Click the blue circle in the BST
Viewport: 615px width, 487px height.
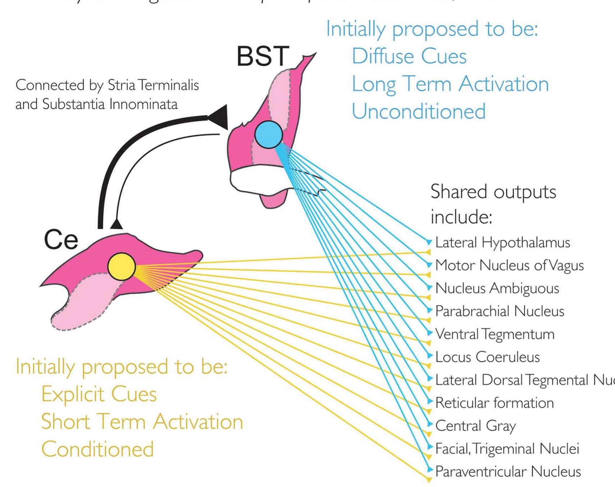269,134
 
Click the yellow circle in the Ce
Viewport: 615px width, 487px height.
121,267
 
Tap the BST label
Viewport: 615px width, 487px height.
263,56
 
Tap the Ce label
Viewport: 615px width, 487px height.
61,240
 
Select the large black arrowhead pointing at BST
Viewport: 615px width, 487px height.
219,117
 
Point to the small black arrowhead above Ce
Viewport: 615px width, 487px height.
116,224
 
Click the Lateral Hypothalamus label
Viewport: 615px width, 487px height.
502,243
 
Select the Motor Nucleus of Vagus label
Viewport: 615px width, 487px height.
509,266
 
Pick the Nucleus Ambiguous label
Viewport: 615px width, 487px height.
497,288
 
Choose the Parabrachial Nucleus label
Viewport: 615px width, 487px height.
500,311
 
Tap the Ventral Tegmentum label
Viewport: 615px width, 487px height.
495,334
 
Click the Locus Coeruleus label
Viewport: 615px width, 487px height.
487,357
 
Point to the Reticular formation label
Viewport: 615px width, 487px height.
494,403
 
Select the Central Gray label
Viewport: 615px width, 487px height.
476,426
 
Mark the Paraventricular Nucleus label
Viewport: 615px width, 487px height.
508,472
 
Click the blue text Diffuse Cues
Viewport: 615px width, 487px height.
409,56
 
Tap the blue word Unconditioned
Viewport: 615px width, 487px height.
418,111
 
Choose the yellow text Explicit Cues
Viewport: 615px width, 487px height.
99,394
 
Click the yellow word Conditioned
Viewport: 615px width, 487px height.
97,449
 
